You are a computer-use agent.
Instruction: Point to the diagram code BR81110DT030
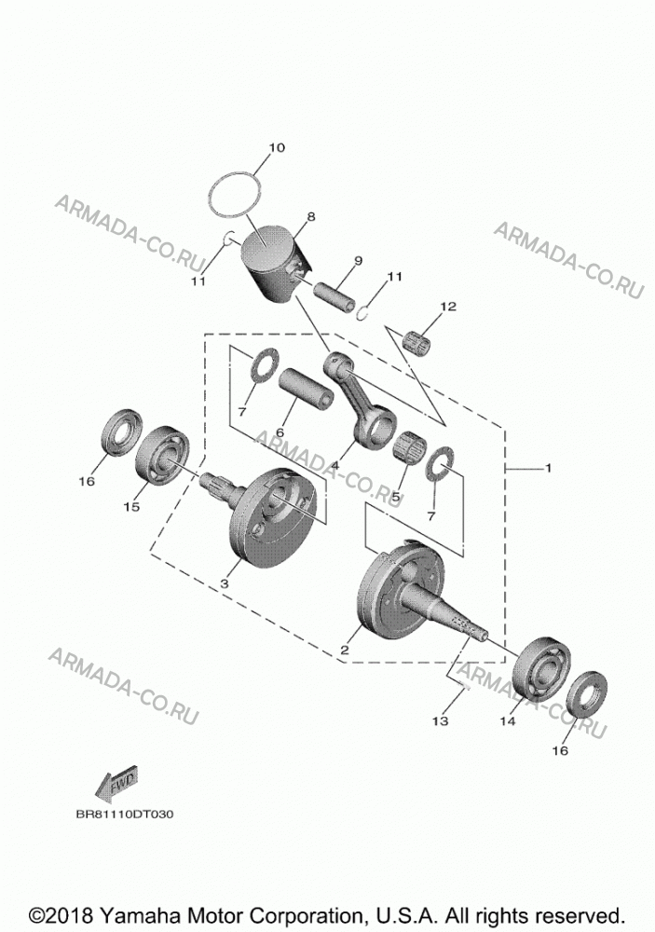point(125,815)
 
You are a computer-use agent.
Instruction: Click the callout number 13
point(440,721)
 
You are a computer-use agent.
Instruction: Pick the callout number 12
point(448,307)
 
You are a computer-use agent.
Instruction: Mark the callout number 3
point(224,583)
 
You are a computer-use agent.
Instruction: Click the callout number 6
point(280,432)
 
